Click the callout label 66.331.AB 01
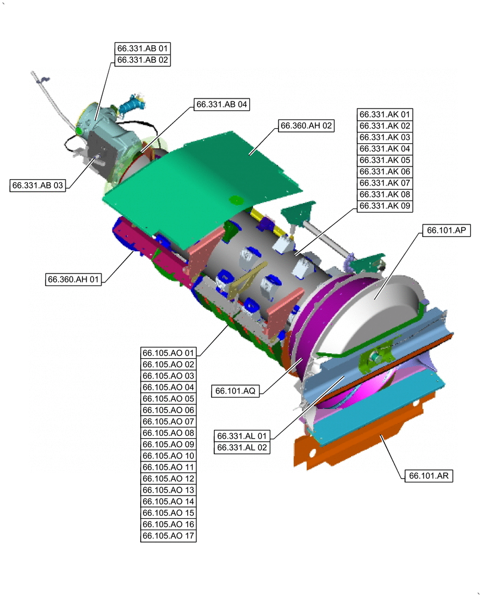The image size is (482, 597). pyautogui.click(x=143, y=48)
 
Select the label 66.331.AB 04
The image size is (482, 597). pyautogui.click(x=222, y=104)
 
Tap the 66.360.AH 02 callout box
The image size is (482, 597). pyautogui.click(x=306, y=125)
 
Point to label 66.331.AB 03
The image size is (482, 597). pyautogui.click(x=37, y=186)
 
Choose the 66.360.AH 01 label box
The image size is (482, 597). pyautogui.click(x=73, y=279)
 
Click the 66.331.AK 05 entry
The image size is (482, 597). pyautogui.click(x=385, y=160)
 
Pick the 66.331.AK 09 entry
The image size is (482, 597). pyautogui.click(x=385, y=206)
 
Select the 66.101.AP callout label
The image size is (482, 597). pyautogui.click(x=446, y=230)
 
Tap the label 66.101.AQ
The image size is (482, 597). pyautogui.click(x=236, y=391)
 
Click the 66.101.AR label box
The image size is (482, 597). pyautogui.click(x=429, y=476)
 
